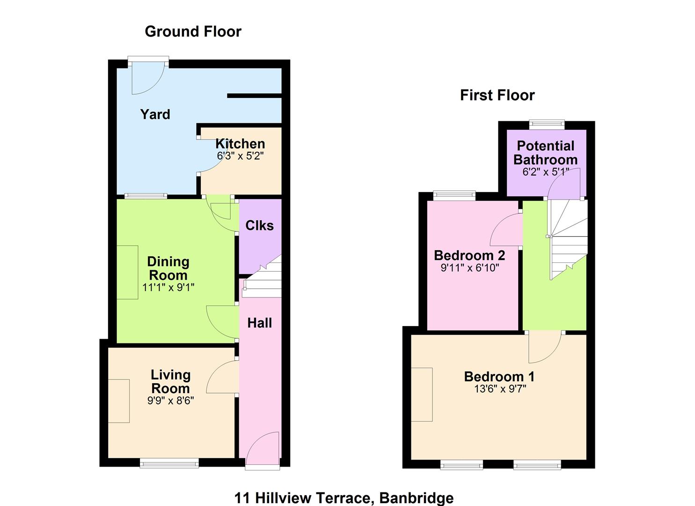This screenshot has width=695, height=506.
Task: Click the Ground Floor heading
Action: (x=193, y=32)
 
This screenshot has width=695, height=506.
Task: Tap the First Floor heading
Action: (x=497, y=96)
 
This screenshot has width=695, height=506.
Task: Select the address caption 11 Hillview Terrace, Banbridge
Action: (x=344, y=498)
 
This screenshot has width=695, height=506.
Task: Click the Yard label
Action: (x=155, y=114)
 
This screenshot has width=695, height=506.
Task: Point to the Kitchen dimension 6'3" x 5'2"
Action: (x=240, y=156)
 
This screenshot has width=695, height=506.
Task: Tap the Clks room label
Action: (x=259, y=225)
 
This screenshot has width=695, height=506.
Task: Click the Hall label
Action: (x=260, y=323)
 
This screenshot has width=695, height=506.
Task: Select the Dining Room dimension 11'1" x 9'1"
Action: (x=168, y=287)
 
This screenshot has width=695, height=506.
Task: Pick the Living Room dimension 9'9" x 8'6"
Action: (x=170, y=401)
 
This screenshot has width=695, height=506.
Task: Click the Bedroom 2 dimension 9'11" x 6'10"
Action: (x=470, y=268)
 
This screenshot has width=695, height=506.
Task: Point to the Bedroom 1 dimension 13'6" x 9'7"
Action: (x=500, y=388)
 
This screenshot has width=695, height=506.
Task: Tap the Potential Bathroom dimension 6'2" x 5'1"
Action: (x=546, y=172)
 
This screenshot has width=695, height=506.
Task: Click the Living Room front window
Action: (x=169, y=463)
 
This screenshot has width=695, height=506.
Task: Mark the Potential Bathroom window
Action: (x=547, y=124)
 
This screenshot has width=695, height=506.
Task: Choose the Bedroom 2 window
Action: (x=454, y=195)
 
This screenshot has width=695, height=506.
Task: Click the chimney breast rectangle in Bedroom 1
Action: (x=422, y=394)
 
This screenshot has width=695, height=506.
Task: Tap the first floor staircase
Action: (x=568, y=239)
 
